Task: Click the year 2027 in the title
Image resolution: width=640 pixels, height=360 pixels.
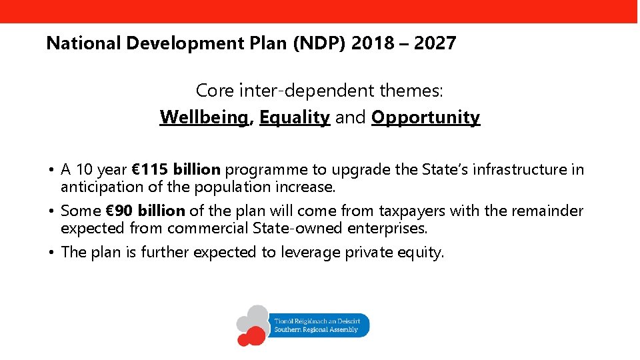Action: tap(435, 44)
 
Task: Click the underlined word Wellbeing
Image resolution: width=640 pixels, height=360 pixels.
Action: tap(204, 117)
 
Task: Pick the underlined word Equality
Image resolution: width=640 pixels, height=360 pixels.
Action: tap(295, 117)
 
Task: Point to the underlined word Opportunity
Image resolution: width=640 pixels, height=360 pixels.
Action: tap(425, 117)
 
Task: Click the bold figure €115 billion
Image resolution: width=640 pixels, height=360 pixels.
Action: tap(180, 169)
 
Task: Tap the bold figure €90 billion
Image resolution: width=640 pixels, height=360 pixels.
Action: tap(146, 211)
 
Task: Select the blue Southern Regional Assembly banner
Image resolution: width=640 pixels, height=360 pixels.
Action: tap(319, 325)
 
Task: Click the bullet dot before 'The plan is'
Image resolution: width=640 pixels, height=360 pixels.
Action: tap(51, 253)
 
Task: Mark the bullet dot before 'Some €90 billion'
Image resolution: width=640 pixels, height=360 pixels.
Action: tap(51, 211)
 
